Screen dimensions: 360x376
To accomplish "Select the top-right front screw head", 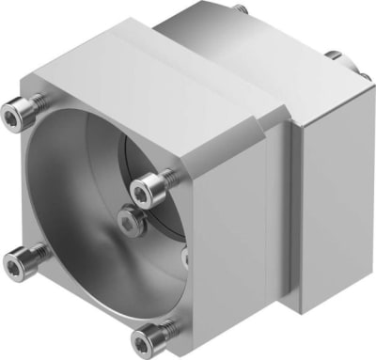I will (143, 193).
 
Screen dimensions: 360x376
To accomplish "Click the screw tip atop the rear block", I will (243, 8).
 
